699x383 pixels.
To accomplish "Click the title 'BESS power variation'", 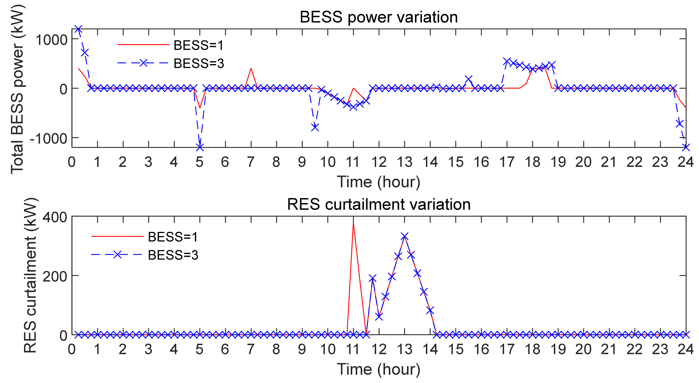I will coord(379,17).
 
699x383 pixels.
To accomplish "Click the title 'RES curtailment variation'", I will coord(379,204).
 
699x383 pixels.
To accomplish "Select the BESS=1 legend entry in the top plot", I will coord(198,45).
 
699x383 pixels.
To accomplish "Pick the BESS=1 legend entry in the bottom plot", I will coord(173,237).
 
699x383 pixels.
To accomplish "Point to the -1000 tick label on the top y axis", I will coord(48,139).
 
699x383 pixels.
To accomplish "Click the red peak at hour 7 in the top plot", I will coord(251,68).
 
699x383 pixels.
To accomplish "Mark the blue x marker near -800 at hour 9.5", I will coord(315,127).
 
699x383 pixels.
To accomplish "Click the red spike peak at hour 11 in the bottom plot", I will coord(353,223).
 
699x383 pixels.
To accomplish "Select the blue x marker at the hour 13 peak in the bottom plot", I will coord(405,237).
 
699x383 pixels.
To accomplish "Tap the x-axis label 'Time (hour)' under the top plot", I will coord(379,182).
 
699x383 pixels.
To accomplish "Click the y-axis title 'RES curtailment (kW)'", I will coord(30,275).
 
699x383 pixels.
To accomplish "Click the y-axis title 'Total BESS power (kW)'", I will coord(17,88).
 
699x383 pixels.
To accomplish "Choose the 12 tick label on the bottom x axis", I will coord(379,349).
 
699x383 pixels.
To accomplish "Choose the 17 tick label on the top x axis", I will coord(507,162).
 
